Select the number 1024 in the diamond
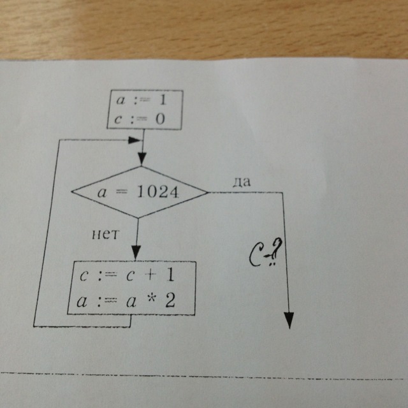157,192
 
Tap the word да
242,181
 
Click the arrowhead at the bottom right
290,321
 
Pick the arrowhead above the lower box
135,253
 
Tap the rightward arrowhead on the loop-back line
135,140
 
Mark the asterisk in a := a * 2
151,300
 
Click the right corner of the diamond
209,191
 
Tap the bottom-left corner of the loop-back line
34,325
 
